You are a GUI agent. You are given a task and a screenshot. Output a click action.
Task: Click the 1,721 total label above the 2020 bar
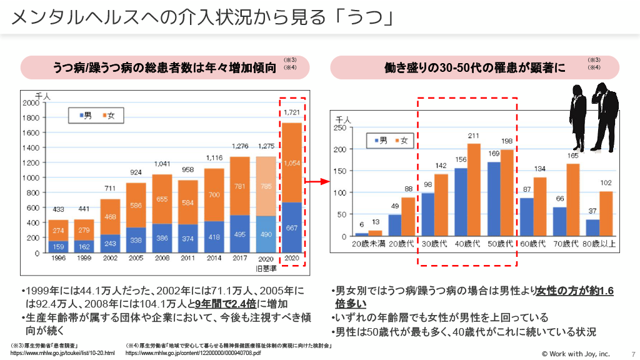click(291, 113)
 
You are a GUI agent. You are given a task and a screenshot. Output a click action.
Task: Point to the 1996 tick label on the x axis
click(58, 257)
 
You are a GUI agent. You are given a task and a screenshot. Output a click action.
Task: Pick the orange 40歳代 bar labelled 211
click(473, 191)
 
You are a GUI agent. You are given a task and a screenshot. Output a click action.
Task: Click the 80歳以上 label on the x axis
click(599, 243)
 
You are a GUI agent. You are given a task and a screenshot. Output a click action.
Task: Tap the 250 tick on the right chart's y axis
click(339, 127)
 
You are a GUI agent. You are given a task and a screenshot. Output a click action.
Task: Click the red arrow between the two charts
click(319, 182)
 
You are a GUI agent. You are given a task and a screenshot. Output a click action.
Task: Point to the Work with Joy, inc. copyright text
click(575, 354)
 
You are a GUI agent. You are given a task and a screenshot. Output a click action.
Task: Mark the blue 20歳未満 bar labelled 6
click(362, 235)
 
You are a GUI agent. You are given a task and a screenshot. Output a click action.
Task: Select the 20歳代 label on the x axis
click(402, 243)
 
